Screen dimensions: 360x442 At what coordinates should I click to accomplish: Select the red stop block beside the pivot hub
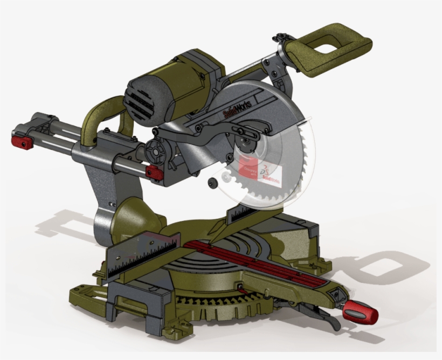155,172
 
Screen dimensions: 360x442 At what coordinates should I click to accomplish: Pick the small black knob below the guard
214,182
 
